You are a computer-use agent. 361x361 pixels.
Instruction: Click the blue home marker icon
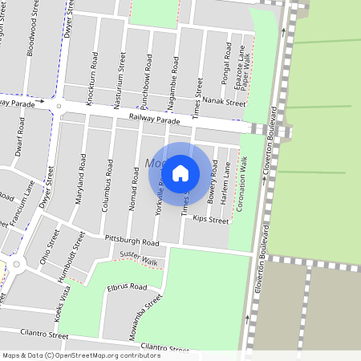point(180,172)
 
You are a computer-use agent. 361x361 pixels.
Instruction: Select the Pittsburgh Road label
point(132,241)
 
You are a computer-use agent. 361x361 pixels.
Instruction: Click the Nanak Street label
point(223,103)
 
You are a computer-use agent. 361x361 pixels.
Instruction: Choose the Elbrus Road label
point(127,286)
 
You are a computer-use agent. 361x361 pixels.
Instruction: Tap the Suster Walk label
point(138,259)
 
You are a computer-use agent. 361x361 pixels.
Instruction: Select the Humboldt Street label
point(76,253)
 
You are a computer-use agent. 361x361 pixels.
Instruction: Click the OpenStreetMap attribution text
point(80,355)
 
